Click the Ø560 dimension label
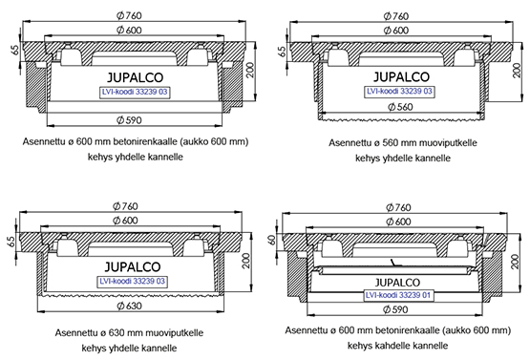[400, 107]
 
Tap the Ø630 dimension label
[130, 306]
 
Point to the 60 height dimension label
[272, 240]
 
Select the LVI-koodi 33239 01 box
[398, 295]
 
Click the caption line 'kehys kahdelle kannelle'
[398, 346]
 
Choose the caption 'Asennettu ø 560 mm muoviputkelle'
[403, 142]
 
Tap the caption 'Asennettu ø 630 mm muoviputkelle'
[129, 333]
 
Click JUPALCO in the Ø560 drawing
[401, 77]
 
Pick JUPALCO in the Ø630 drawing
[133, 267]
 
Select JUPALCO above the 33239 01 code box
[397, 283]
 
